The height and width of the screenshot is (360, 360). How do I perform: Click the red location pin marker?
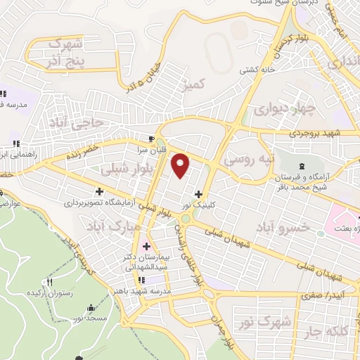(x=181, y=165)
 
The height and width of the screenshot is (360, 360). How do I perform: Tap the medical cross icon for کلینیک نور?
(x=199, y=195)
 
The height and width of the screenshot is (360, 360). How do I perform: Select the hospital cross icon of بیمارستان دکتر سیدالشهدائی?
(x=147, y=246)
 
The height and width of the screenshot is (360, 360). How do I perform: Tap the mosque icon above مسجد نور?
(x=91, y=308)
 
